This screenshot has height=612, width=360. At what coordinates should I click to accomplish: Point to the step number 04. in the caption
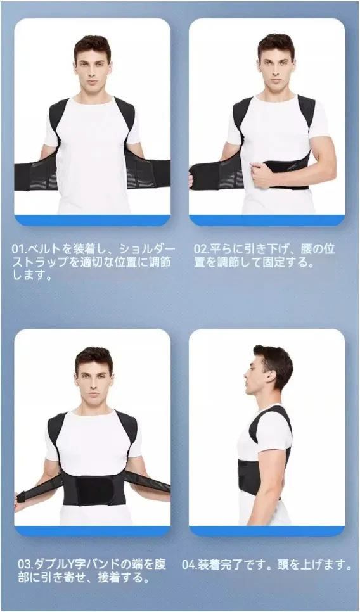pos(190,564)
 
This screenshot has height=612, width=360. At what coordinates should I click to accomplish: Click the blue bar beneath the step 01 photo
pos(93,220)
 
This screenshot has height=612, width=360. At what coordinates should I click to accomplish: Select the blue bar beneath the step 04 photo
pos(267,531)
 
